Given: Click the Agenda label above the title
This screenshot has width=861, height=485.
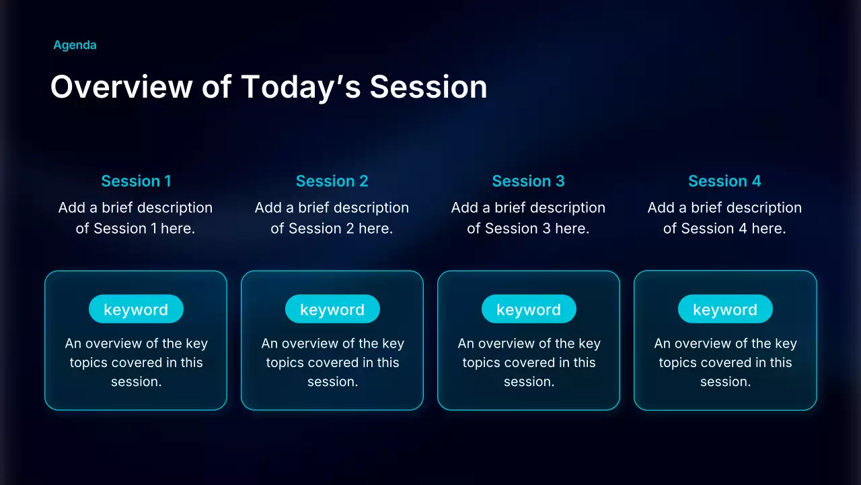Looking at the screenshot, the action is coord(75,45).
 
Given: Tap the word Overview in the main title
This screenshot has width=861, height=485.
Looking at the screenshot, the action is coord(122,87).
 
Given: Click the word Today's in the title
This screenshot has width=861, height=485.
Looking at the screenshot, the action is coord(301,88).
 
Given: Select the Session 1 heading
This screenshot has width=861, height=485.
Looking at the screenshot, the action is coord(136,181).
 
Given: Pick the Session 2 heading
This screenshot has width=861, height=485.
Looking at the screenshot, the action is coord(332,181).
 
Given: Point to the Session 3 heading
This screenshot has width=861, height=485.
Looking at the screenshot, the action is coord(529,181).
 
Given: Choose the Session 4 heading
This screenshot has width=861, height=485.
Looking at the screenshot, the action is coord(725,181).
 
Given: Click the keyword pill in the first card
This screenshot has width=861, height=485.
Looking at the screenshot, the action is coord(136,309).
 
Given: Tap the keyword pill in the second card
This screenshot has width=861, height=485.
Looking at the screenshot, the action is coord(332,309).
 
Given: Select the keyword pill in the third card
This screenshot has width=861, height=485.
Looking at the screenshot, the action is coord(529,309).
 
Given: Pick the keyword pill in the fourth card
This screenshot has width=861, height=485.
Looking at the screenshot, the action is coord(725,309).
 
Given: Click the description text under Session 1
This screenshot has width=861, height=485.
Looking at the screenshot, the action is coord(135,218).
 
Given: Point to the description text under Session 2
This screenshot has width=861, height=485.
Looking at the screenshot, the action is coord(332,218).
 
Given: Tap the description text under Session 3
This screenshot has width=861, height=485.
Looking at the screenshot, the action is coord(528,218).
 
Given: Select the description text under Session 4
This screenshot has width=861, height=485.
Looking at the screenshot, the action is coord(724,218).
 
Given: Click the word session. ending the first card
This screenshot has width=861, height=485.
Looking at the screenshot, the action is coord(137,381).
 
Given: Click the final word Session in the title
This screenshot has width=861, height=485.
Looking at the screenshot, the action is coord(428,87).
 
